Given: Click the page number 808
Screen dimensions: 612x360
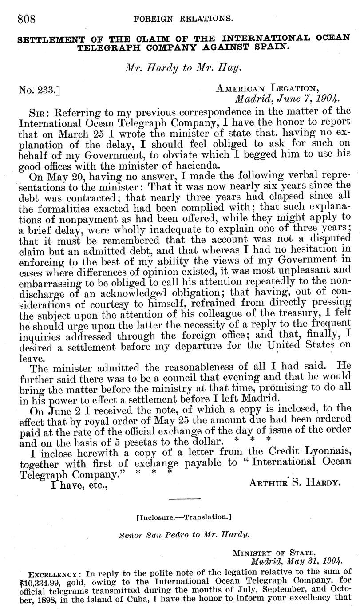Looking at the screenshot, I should click(27, 19).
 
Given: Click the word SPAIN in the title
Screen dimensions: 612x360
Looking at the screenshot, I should click(269, 46).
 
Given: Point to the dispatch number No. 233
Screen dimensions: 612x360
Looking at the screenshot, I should click(39, 91).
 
